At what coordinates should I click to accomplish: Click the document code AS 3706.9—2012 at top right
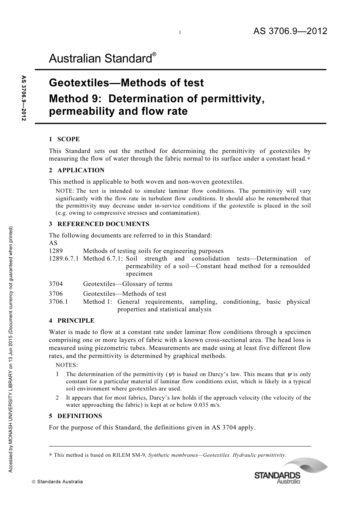(290, 31)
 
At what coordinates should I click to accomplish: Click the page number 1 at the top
(180, 33)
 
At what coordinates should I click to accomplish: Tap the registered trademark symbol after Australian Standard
(154, 55)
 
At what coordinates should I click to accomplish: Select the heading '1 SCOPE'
(64, 139)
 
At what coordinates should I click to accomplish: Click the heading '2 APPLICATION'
(77, 170)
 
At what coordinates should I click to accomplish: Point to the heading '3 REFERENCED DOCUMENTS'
(99, 224)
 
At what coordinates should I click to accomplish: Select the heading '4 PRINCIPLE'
(72, 321)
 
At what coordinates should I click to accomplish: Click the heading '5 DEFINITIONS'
(75, 416)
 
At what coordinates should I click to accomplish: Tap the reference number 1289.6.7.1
(64, 259)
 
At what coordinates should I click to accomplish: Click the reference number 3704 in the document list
(56, 284)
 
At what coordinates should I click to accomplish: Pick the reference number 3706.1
(58, 302)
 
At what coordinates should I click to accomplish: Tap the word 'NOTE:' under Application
(65, 191)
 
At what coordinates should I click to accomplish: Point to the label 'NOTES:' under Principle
(67, 365)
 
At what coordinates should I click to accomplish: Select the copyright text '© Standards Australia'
(57, 482)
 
